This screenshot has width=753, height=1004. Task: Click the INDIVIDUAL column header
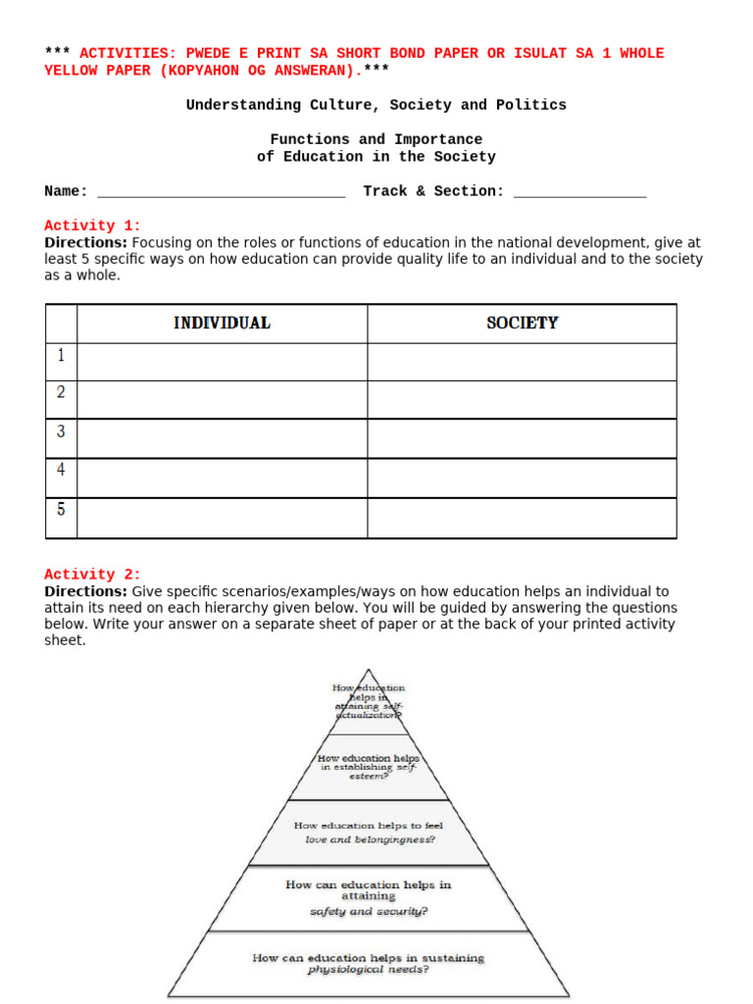222,323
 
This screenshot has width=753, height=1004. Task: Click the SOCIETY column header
522,323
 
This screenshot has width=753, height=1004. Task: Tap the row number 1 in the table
61,355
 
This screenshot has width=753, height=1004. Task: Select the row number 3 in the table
61,431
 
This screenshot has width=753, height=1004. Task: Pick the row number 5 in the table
61,510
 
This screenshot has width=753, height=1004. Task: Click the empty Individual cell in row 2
222,399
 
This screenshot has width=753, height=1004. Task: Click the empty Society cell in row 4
522,477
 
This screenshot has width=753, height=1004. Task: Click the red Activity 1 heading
92,226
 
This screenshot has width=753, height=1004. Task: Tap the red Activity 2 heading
92,575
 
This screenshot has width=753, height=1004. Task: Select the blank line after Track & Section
579,192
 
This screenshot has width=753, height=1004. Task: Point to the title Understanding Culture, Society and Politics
376,105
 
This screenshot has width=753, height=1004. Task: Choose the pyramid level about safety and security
368,897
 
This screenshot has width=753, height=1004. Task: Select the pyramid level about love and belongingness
368,832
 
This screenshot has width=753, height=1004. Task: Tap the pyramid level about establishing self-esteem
368,766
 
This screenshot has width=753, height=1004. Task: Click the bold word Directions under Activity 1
85,242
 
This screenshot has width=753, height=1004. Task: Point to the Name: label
66,191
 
